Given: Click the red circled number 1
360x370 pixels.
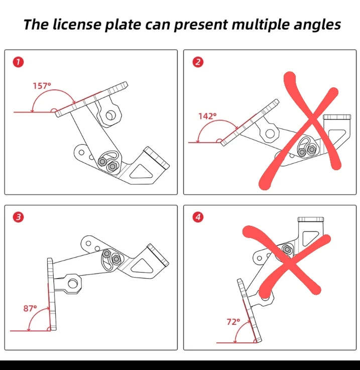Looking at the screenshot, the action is click(18, 62).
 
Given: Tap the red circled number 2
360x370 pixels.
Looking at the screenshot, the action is click(197, 62).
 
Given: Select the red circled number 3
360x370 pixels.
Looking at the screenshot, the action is click(18, 217).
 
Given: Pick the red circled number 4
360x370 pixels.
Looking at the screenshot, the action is click(197, 217).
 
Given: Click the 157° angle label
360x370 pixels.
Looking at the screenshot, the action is click(42, 85).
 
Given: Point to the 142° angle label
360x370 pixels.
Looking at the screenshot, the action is click(207, 116).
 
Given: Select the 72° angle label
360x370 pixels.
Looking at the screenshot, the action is click(231, 322).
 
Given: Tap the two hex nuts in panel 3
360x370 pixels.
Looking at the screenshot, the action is click(111, 257).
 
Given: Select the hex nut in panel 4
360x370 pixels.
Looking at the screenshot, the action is click(287, 249).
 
